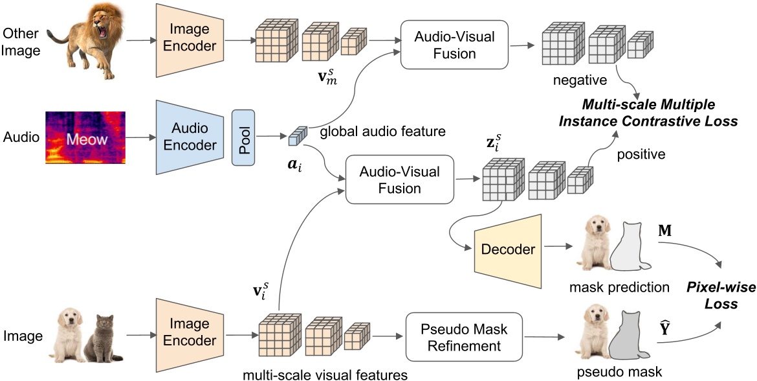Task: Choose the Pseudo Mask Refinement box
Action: click(x=465, y=337)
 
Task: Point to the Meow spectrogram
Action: click(x=84, y=138)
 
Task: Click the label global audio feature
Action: click(x=382, y=132)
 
